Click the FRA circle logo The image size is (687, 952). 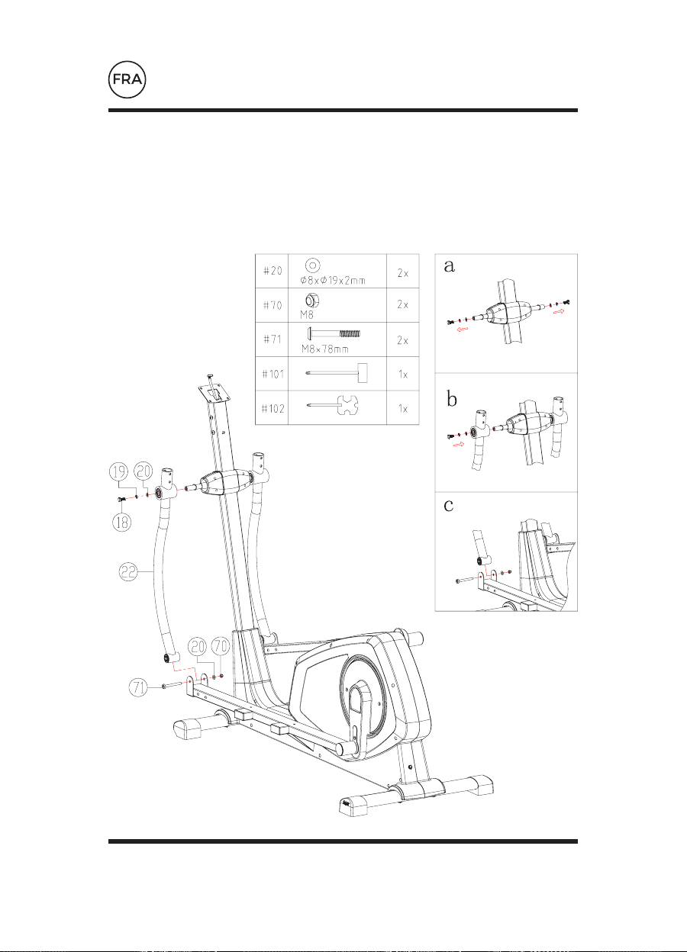click(127, 80)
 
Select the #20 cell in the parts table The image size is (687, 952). click(273, 271)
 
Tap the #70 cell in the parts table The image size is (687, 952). click(273, 304)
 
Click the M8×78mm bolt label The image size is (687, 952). click(325, 349)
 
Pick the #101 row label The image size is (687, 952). click(273, 374)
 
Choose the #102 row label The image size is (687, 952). click(273, 408)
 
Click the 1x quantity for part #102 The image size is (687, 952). click(403, 409)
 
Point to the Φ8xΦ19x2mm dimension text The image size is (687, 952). click(333, 281)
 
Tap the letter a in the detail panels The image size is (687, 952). click(449, 266)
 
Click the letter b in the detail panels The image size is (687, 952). click(452, 399)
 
